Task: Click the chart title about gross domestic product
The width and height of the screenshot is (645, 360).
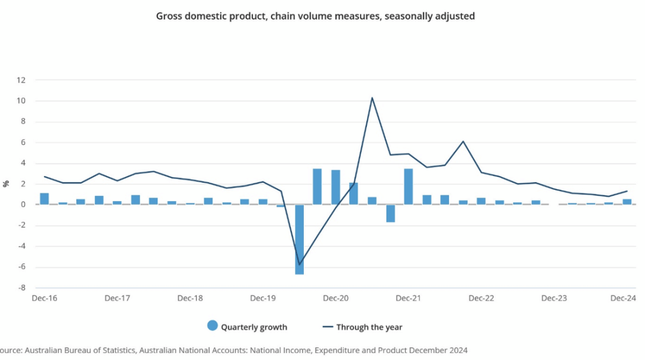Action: coord(315,16)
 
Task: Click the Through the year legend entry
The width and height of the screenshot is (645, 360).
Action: coord(362,327)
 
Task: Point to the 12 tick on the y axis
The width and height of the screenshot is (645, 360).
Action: coord(21,80)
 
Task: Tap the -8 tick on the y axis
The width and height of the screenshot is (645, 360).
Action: coord(21,287)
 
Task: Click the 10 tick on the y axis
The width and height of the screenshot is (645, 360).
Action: coord(21,101)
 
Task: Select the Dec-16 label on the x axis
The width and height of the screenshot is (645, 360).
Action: coord(44,298)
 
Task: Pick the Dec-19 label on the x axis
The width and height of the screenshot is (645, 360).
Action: coord(263,298)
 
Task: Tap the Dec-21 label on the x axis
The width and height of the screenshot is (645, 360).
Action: coord(409,298)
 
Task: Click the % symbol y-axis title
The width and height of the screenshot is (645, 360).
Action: coord(6,183)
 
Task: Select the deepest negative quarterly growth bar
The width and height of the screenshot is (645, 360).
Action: coord(299,240)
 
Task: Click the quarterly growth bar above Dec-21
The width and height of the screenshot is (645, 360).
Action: coord(409,187)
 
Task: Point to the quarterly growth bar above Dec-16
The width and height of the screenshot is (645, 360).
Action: coord(44,199)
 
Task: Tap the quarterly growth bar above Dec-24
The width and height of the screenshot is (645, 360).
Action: coord(627,202)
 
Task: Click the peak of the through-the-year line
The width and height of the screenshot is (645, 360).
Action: coord(372,98)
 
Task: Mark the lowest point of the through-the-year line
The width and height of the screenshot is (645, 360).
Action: coord(299,264)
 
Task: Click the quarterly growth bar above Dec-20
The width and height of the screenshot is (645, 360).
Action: coord(336,187)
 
